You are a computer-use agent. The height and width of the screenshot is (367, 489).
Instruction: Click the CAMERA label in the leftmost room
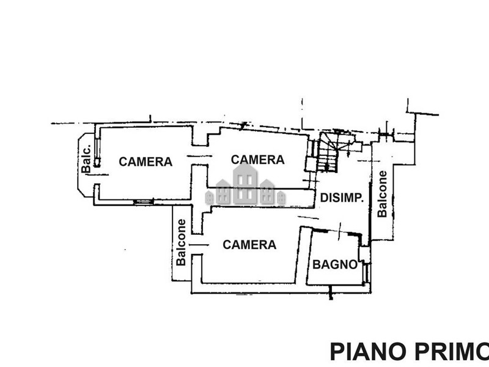145,162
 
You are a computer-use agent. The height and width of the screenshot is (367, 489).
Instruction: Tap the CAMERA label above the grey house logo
258,160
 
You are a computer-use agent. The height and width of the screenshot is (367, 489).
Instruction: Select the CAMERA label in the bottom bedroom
249,245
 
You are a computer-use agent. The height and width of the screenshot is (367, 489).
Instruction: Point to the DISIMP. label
343,198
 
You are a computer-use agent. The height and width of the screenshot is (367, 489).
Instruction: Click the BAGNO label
335,265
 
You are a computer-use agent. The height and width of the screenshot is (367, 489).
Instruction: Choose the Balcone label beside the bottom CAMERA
182,242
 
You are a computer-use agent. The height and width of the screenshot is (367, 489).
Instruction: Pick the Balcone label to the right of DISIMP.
383,193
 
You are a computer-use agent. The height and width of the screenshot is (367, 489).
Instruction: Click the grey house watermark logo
246,186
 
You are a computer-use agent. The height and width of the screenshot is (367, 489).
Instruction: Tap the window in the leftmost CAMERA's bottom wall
144,201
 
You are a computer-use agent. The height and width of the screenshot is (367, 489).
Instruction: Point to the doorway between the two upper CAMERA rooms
199,157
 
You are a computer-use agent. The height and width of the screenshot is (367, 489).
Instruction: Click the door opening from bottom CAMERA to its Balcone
196,245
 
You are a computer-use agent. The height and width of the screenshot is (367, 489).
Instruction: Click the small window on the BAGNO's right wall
366,272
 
